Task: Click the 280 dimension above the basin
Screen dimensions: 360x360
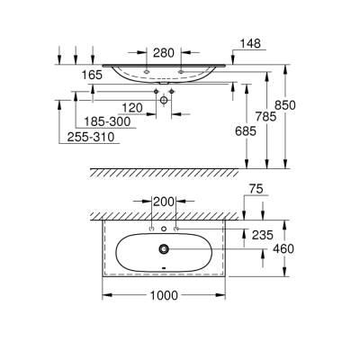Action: pyautogui.click(x=164, y=52)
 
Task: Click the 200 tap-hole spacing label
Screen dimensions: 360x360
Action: pyautogui.click(x=164, y=201)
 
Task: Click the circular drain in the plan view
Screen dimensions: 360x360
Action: pyautogui.click(x=164, y=248)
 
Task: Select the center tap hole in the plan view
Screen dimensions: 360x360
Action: pyautogui.click(x=164, y=229)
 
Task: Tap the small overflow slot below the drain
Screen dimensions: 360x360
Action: pyautogui.click(x=164, y=267)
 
